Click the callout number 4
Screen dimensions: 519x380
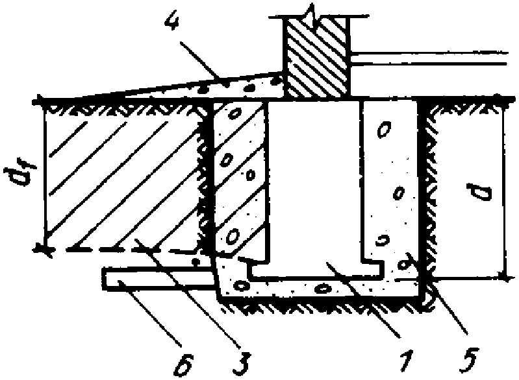click(x=173, y=19)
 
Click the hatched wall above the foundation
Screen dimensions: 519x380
click(x=316, y=58)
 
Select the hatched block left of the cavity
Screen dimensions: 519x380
click(x=240, y=178)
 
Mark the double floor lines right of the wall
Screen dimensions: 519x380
click(x=429, y=58)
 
